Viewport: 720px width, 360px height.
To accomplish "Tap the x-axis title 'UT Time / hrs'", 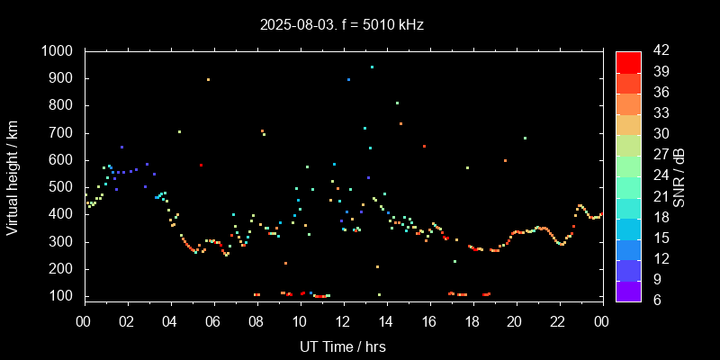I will [343, 346].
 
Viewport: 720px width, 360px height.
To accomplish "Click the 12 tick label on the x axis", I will [343, 321].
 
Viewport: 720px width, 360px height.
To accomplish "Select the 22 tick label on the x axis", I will [559, 321].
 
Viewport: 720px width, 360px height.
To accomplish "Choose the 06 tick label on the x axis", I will [214, 321].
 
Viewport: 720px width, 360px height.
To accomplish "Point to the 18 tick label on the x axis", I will [472, 321].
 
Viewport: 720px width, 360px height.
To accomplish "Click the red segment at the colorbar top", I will [628, 61].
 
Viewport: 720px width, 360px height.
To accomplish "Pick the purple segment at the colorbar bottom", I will [628, 290].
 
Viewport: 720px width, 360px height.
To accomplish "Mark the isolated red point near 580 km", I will [202, 165].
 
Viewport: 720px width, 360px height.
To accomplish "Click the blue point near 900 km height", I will [348, 80].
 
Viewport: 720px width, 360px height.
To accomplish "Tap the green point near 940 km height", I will [372, 67].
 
